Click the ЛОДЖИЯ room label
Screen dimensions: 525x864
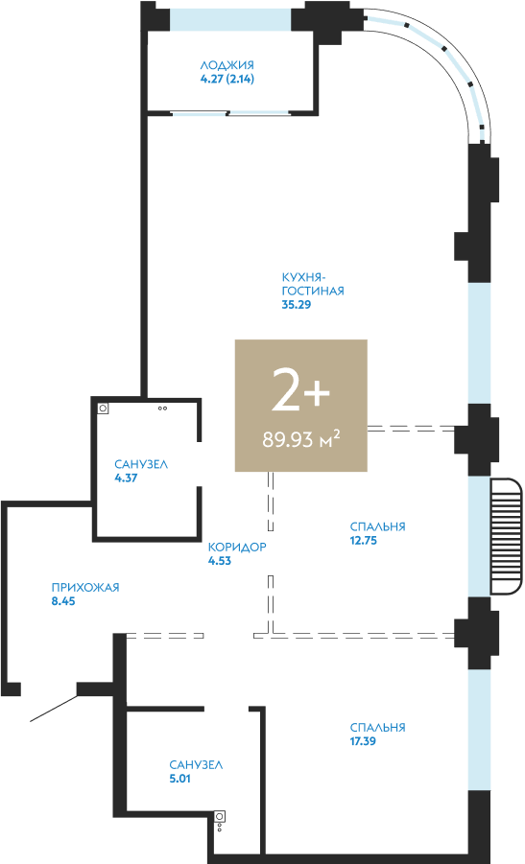click(227, 65)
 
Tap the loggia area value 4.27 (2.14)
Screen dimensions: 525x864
click(227, 79)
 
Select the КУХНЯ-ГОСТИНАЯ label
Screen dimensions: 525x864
click(313, 284)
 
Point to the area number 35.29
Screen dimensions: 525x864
click(297, 305)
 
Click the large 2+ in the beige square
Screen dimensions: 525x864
click(300, 390)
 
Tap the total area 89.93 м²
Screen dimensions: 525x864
click(300, 439)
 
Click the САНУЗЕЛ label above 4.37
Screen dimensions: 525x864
click(141, 464)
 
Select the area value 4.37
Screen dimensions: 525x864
click(126, 478)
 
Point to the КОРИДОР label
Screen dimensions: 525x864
click(237, 548)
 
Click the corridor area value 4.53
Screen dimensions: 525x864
click(220, 561)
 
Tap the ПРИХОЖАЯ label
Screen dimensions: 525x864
click(85, 588)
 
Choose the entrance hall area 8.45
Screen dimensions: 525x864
click(63, 601)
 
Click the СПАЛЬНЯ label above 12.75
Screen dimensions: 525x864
click(378, 526)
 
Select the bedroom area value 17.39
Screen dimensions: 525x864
click(363, 741)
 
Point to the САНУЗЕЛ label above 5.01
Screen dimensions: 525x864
click(196, 765)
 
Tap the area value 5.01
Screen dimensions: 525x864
click(179, 780)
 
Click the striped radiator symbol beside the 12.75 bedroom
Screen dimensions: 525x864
click(506, 537)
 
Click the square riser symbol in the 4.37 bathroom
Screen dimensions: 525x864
click(103, 409)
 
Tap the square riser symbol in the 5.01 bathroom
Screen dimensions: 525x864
click(220, 816)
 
